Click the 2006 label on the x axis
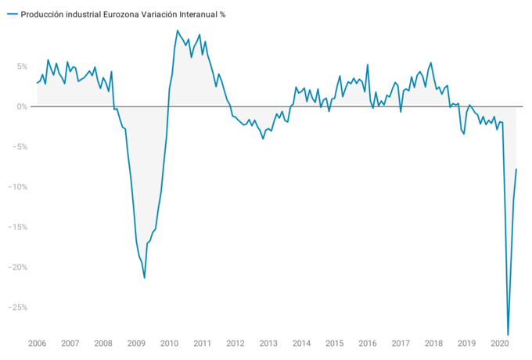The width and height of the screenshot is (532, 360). (37, 344)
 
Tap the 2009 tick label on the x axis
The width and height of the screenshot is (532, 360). (136, 344)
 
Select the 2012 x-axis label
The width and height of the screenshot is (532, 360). (235, 344)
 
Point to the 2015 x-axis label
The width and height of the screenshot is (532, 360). (335, 344)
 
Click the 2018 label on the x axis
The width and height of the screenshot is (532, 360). (433, 344)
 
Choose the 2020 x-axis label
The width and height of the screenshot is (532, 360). (500, 344)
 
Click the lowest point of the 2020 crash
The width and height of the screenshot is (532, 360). (508, 335)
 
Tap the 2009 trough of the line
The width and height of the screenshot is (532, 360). (145, 278)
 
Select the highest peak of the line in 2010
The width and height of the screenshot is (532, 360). (178, 31)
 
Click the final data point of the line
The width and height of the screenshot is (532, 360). (516, 169)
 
